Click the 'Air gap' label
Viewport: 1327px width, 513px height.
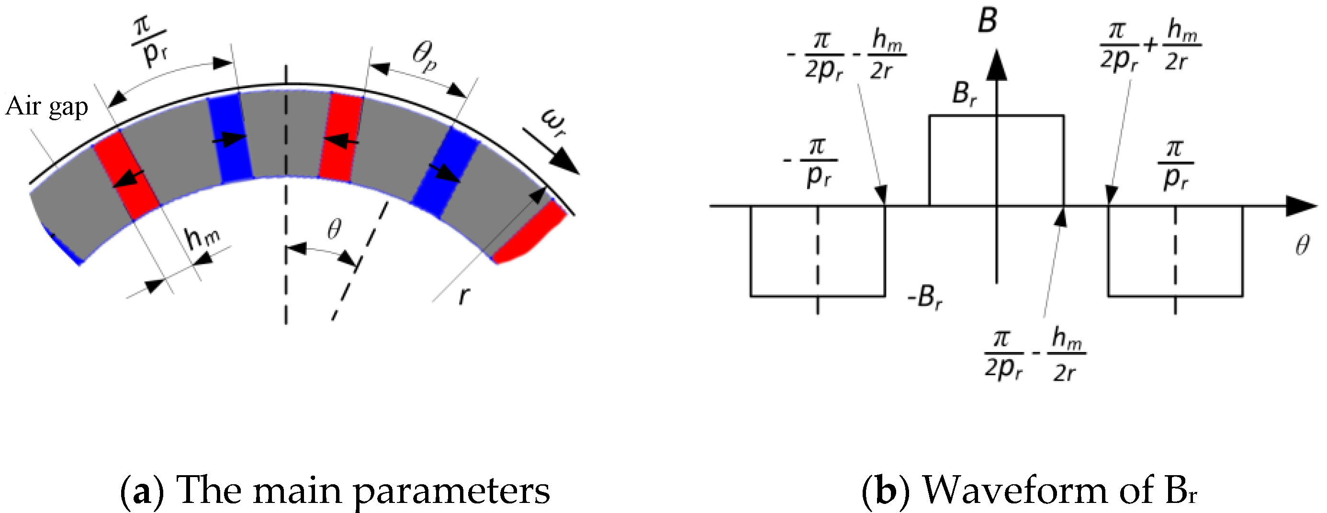click(47, 107)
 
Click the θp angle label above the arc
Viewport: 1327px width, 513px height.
click(426, 58)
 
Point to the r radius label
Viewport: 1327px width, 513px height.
click(463, 296)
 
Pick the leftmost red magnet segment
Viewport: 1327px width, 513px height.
click(127, 175)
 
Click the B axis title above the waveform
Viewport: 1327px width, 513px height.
click(987, 22)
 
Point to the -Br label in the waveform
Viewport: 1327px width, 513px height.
click(925, 298)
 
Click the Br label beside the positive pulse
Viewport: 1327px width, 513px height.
click(964, 94)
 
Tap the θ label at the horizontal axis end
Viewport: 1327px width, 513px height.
click(1302, 245)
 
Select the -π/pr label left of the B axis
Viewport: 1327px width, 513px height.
click(812, 162)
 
